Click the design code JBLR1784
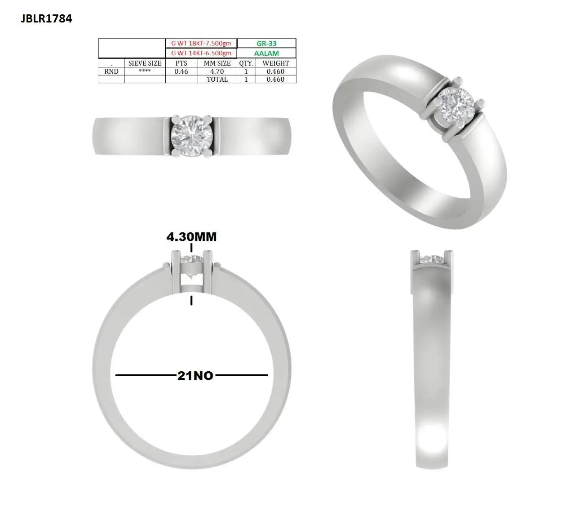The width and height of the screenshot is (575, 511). pos(46,19)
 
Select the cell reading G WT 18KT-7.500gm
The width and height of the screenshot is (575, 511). pos(201,43)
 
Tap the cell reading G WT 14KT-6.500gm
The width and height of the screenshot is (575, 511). pos(201,53)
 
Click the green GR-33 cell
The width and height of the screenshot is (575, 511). pos(266,43)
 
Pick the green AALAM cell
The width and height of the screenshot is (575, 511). pos(266,53)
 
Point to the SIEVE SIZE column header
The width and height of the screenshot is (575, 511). pos(145,63)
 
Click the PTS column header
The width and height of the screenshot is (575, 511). pos(181,63)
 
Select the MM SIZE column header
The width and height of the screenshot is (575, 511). pos(217,63)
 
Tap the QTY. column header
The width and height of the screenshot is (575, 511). pos(246,63)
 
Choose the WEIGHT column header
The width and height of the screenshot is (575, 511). pos(275,63)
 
